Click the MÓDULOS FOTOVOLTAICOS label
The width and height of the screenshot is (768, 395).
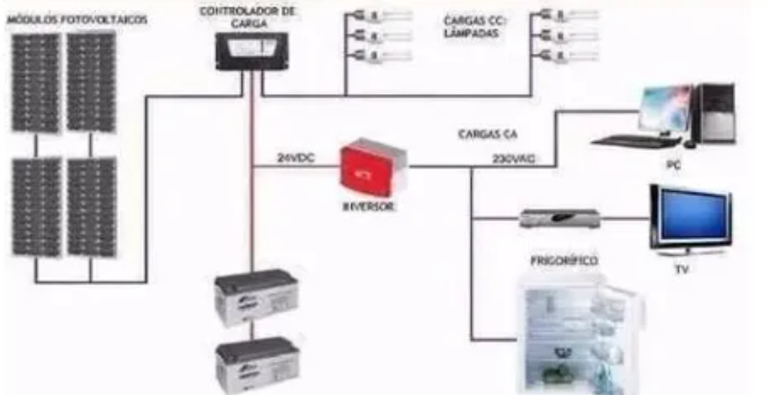(x=77, y=20)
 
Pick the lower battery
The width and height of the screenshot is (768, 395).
(x=257, y=363)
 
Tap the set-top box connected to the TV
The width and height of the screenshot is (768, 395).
(x=559, y=218)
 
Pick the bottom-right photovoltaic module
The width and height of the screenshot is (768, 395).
(x=92, y=208)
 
